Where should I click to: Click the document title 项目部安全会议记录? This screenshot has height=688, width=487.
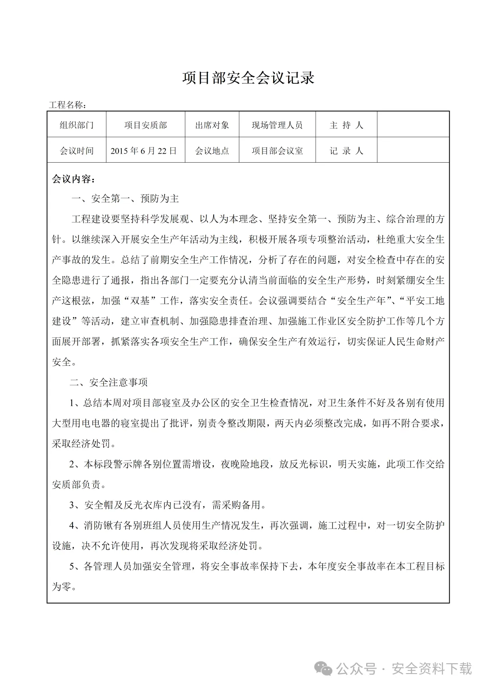[248, 77]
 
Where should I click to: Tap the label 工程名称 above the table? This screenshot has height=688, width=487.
[67, 105]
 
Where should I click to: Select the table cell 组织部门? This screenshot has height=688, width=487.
[77, 125]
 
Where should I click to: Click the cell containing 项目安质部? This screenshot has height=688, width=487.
[145, 125]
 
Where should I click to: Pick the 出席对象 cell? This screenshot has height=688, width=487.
[212, 125]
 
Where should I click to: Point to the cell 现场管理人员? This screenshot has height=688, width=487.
[277, 125]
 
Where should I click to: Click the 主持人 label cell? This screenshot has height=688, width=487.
[346, 125]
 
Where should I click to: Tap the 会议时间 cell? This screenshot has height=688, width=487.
[77, 150]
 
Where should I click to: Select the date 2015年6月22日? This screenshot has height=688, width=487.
[144, 150]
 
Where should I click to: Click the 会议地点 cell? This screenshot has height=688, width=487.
[212, 150]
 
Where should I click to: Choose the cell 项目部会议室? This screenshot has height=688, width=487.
[277, 150]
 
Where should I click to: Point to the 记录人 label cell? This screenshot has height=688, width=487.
[346, 150]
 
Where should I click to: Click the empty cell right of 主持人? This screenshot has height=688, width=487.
[413, 125]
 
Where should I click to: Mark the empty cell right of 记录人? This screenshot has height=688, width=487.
[413, 150]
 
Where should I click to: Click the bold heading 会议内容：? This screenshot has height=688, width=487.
[74, 179]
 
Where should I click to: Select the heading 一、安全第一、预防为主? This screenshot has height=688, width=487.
[125, 198]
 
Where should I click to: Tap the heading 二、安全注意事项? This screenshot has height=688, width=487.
[109, 383]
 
